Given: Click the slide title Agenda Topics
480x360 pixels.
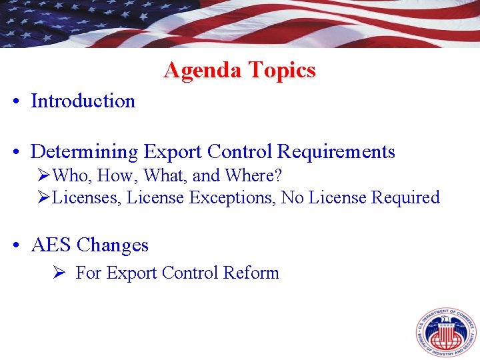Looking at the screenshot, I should (x=239, y=70).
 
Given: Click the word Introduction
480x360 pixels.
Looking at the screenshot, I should (x=83, y=101).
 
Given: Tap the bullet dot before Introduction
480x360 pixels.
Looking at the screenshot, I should (x=15, y=102).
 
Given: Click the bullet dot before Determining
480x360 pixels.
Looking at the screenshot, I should (x=15, y=153).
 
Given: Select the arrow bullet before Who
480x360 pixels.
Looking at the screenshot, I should (x=44, y=176).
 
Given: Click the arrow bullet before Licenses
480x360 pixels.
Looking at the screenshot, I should (x=44, y=198).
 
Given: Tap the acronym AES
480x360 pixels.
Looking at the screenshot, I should (x=51, y=245).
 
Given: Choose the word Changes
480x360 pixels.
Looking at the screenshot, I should (x=113, y=245).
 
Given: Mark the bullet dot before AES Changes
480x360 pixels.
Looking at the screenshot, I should (x=15, y=246).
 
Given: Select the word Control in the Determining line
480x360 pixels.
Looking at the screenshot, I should (x=239, y=152).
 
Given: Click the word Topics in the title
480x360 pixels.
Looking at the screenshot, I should (x=281, y=70).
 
